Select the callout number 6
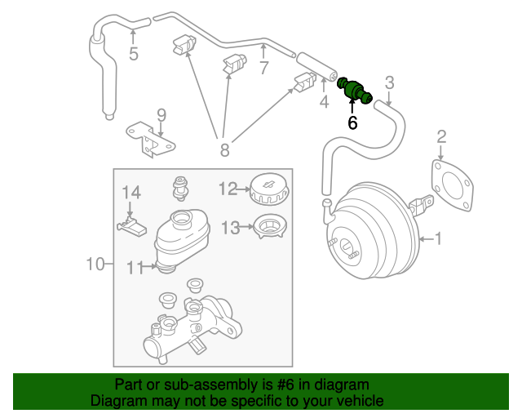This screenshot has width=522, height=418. pyautogui.click(x=352, y=122)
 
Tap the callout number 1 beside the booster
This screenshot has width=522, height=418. pyautogui.click(x=437, y=239)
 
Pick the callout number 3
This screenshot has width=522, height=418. pyautogui.click(x=389, y=82)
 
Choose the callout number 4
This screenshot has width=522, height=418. pyautogui.click(x=324, y=102)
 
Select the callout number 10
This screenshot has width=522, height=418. pyautogui.click(x=96, y=264)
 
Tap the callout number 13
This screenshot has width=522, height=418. pyautogui.click(x=229, y=227)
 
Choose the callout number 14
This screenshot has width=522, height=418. pyautogui.click(x=131, y=193)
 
